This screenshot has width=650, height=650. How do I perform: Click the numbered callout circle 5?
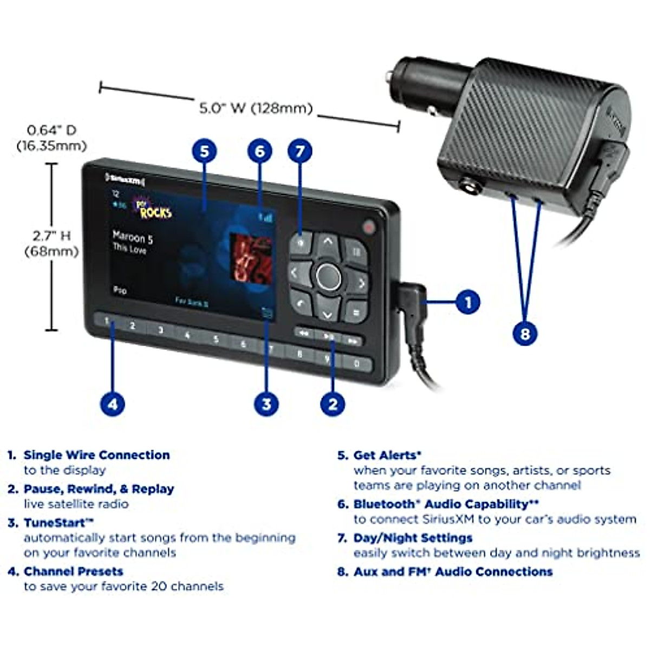tap(204, 151)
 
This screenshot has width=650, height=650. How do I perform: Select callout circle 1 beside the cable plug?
tap(468, 302)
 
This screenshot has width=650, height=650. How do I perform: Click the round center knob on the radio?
tap(328, 277)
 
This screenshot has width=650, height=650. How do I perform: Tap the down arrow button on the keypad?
tap(327, 313)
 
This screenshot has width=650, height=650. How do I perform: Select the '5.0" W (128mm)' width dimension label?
tap(256, 108)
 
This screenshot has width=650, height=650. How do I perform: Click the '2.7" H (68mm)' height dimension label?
tap(51, 243)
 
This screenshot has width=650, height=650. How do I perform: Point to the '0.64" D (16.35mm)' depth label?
tap(51, 138)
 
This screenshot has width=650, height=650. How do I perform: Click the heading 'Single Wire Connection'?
tap(96, 455)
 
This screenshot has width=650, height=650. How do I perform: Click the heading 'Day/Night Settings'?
tap(412, 538)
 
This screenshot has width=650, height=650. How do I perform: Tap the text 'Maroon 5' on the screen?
tap(133, 237)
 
